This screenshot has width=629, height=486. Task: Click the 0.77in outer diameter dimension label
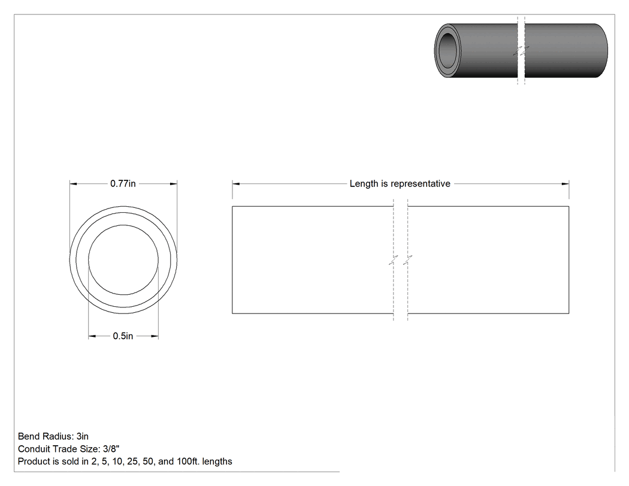(x=123, y=184)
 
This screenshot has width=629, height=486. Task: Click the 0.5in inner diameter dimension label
(x=123, y=336)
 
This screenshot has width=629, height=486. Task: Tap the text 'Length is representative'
(x=400, y=184)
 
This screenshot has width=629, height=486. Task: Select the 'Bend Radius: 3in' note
(x=53, y=436)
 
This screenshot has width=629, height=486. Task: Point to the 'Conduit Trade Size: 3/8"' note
(x=69, y=449)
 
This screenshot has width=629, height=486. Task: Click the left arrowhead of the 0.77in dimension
(x=74, y=184)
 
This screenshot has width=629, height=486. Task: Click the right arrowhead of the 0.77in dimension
(x=173, y=184)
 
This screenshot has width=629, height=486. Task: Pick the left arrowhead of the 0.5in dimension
(x=92, y=336)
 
